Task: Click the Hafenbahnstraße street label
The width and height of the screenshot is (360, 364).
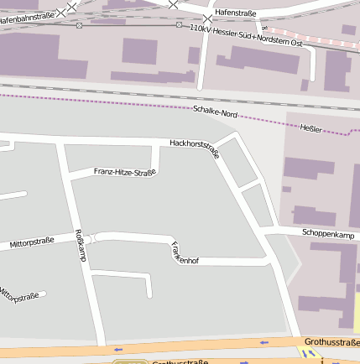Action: pyautogui.click(x=30, y=14)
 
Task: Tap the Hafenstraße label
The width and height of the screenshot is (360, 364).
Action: pyautogui.click(x=236, y=13)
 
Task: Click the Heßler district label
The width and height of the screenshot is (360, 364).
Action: pyautogui.click(x=310, y=127)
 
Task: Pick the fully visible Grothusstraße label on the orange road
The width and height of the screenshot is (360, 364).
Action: pyautogui.click(x=331, y=342)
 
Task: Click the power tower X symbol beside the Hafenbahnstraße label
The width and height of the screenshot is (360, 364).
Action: pyautogui.click(x=70, y=6)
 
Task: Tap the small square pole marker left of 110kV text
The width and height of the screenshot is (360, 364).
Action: pyautogui.click(x=179, y=25)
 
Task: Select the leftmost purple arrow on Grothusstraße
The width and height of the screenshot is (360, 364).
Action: pyautogui.click(x=118, y=349)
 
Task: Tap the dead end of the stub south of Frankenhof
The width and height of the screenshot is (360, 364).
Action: pyautogui.click(x=149, y=295)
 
